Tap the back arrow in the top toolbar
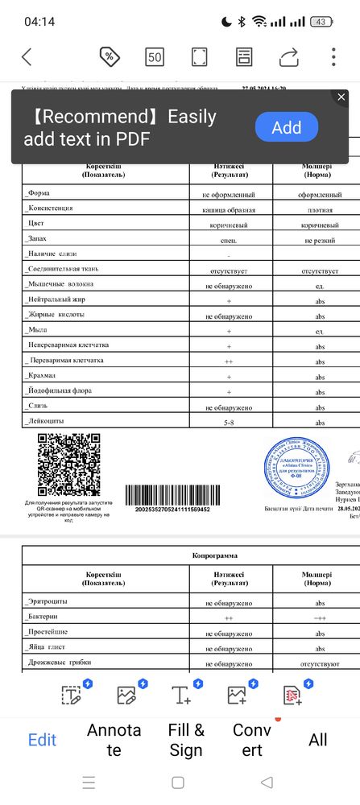point(27,57)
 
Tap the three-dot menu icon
point(333,57)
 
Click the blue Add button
point(286,127)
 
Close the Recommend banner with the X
point(341,97)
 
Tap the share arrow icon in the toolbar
point(288,57)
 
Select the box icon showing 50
point(155,57)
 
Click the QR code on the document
point(68,464)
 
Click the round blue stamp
point(297,471)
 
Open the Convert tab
point(252,740)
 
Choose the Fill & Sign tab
point(186,740)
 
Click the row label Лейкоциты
point(46,421)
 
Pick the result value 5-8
point(229,422)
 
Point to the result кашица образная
point(229,209)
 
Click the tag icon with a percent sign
point(110,57)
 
